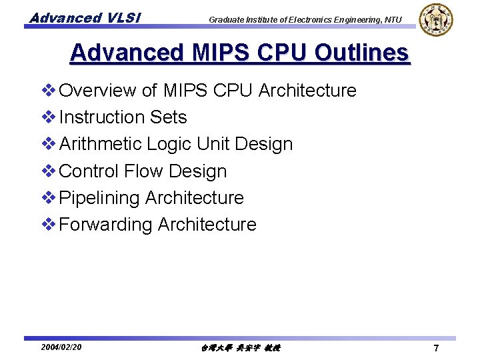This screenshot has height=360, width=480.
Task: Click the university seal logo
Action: coord(436,20)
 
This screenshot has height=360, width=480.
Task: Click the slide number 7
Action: coord(435,348)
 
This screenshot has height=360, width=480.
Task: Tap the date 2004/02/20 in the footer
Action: coord(61,347)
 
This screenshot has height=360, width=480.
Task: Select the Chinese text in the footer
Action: coord(240,348)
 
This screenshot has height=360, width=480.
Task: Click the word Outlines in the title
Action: coord(353,53)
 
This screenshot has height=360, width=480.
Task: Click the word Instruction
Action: coord(101,117)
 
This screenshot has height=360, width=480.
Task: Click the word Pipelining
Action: coord(99,198)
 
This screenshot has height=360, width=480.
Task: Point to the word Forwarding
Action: coord(106,225)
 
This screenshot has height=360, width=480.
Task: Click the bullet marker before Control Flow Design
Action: coord(49,171)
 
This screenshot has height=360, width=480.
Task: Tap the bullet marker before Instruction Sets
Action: coord(49,117)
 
